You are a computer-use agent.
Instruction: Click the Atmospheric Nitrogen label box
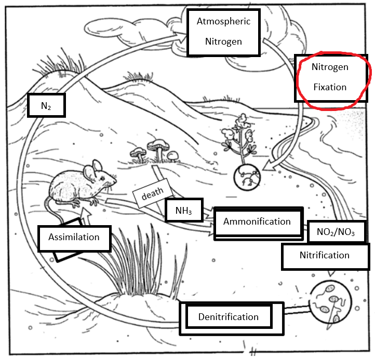(223, 31)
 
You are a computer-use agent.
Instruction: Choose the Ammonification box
(257, 222)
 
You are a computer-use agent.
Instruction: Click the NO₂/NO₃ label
(336, 232)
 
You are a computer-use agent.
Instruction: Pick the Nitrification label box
(325, 256)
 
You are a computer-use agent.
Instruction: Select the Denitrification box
(228, 316)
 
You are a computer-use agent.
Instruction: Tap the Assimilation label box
(74, 238)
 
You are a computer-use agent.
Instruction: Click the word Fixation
(330, 87)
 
